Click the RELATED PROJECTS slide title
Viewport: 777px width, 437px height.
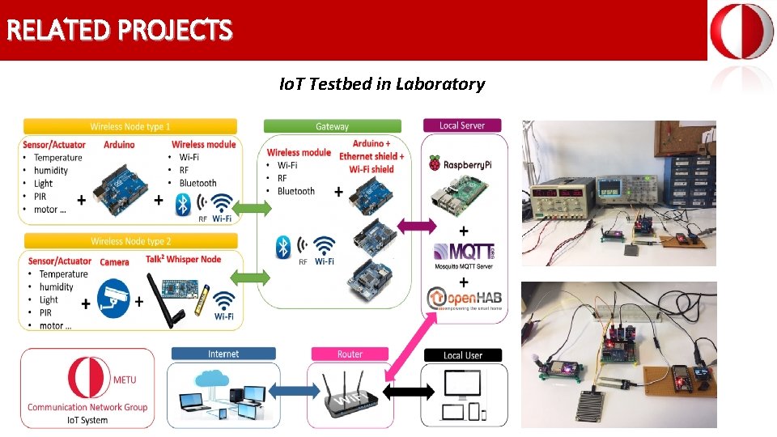(x=119, y=31)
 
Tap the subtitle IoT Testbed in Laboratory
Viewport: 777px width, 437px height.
(x=381, y=84)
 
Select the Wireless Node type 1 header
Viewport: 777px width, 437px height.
(x=129, y=126)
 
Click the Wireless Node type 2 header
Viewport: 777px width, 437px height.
(x=129, y=241)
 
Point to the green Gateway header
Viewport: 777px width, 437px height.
(x=332, y=126)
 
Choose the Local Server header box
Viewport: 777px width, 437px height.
(x=461, y=125)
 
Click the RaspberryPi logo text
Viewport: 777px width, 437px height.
(x=461, y=164)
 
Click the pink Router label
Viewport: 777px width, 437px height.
(x=350, y=354)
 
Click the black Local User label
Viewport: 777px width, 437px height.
(x=463, y=354)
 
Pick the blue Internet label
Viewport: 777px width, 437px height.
(x=223, y=354)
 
